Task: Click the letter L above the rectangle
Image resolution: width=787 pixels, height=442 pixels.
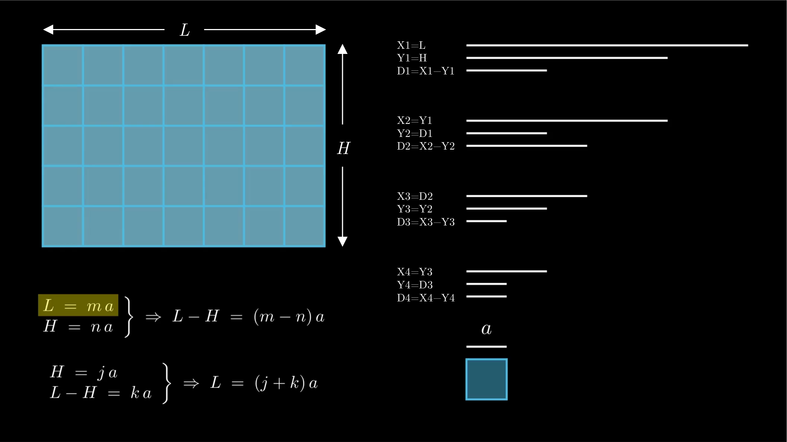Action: pyautogui.click(x=185, y=30)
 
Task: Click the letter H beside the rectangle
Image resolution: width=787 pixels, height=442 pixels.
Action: pyautogui.click(x=343, y=148)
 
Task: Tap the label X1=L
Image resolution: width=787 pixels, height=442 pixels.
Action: pyautogui.click(x=411, y=45)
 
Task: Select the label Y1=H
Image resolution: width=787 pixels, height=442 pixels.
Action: pyautogui.click(x=412, y=58)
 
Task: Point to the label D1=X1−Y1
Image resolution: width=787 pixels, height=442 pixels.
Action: pyautogui.click(x=426, y=71)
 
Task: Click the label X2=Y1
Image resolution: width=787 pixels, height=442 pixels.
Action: pyautogui.click(x=414, y=121)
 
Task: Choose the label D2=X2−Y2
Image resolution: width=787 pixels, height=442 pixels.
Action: pyautogui.click(x=426, y=146)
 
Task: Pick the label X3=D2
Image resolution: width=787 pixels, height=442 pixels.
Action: pyautogui.click(x=415, y=196)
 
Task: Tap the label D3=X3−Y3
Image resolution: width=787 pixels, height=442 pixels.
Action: pyautogui.click(x=426, y=222)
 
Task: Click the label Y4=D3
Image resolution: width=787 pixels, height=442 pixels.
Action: pyautogui.click(x=415, y=285)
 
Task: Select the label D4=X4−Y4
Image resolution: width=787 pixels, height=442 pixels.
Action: pyautogui.click(x=426, y=298)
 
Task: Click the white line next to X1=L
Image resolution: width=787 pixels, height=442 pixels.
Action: pyautogui.click(x=607, y=45)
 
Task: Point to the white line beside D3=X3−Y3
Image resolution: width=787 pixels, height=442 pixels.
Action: pyautogui.click(x=486, y=221)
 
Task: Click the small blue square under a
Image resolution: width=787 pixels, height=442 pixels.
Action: pyautogui.click(x=486, y=379)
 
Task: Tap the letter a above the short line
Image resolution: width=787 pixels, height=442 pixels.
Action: pyautogui.click(x=486, y=329)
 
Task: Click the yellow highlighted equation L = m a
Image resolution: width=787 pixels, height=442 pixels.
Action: pyautogui.click(x=78, y=305)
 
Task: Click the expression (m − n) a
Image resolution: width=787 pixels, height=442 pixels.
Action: pyautogui.click(x=289, y=317)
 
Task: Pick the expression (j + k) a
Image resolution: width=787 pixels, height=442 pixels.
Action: pyautogui.click(x=286, y=383)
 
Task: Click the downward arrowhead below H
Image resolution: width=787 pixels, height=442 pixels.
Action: pyautogui.click(x=342, y=241)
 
